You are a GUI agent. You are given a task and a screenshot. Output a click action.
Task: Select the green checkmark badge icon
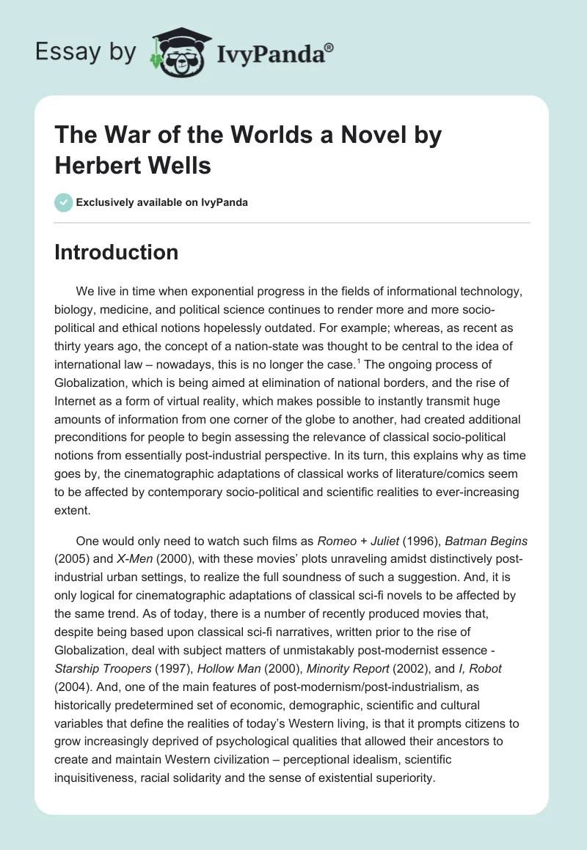[63, 202]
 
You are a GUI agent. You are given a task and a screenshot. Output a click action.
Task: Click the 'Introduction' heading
[117, 252]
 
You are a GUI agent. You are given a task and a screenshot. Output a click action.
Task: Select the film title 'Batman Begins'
[485, 542]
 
